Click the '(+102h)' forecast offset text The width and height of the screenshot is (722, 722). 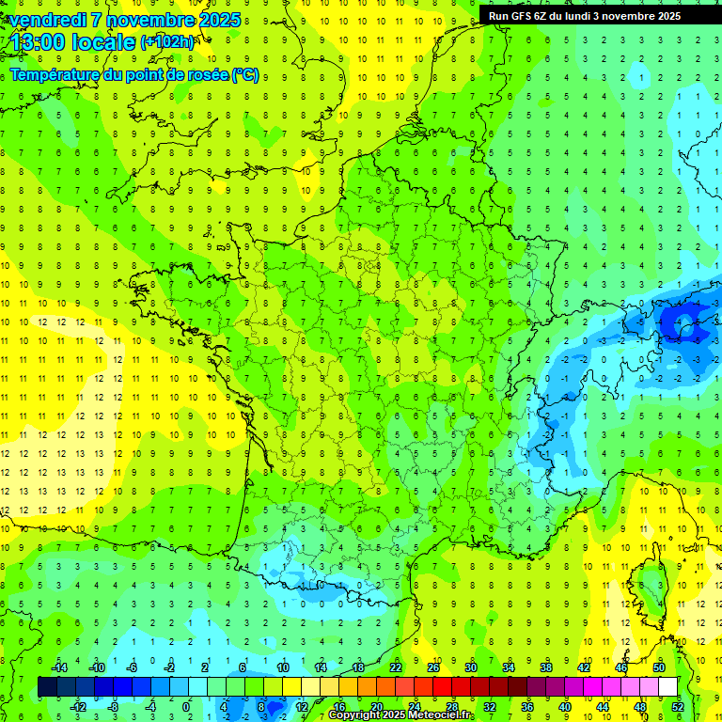tap(167, 42)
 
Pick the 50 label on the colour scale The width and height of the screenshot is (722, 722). tap(658, 667)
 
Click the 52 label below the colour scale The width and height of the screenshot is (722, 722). tap(677, 707)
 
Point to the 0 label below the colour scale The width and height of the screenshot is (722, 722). tap(186, 707)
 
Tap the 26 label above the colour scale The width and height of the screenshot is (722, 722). tap(433, 667)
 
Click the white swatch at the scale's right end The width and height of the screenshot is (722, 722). tap(667, 687)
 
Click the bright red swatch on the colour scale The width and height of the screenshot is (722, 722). tap(442, 687)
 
